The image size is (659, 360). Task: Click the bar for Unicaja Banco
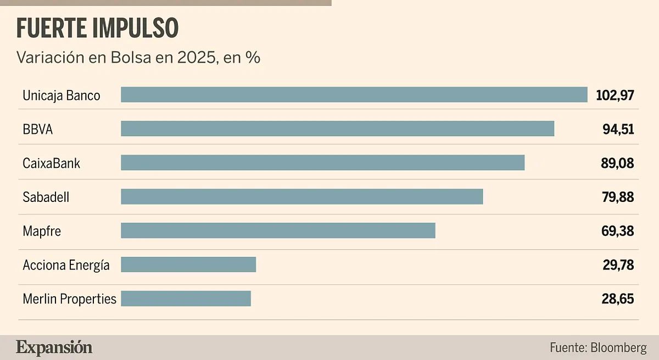click(354, 94)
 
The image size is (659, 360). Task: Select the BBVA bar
click(337, 128)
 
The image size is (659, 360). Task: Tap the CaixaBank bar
click(322, 162)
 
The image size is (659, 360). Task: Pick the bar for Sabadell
click(301, 196)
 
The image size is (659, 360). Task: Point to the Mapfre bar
click(278, 230)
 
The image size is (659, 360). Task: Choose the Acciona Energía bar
click(188, 265)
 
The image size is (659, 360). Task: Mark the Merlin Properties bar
click(186, 299)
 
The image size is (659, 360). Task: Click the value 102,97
click(615, 95)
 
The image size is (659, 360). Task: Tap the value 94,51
click(618, 130)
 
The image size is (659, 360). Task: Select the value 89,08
click(618, 164)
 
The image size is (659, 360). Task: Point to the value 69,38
click(618, 232)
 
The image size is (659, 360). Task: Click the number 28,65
click(618, 300)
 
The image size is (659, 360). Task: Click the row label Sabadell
click(46, 198)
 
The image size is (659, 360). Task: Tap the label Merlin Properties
click(70, 300)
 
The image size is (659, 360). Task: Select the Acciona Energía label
click(66, 266)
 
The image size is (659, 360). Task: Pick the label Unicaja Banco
click(62, 95)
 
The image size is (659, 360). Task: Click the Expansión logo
click(54, 347)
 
